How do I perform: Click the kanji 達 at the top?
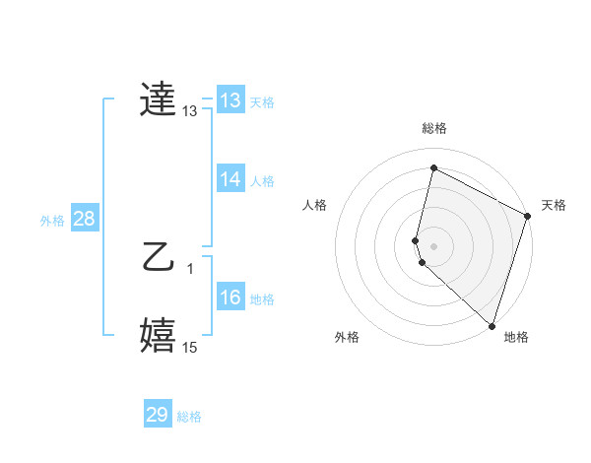point(159,100)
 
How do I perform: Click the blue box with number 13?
point(230,100)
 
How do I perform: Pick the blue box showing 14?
point(230,179)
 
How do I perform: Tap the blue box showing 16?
point(230,298)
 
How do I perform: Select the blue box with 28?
point(84,219)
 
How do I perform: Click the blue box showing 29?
point(157,415)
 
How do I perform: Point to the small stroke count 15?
point(189,347)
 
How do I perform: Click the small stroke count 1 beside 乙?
point(189,268)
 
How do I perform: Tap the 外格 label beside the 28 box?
point(52,221)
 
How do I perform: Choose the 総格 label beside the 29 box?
point(189,417)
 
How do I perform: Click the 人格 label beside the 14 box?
point(262,181)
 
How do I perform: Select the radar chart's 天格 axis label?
point(554,205)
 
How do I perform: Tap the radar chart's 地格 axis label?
point(516,337)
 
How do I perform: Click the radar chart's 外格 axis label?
point(347,337)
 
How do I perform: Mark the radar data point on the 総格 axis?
point(433,168)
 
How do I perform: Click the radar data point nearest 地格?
point(492,325)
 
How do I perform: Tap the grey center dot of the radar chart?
point(433,245)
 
